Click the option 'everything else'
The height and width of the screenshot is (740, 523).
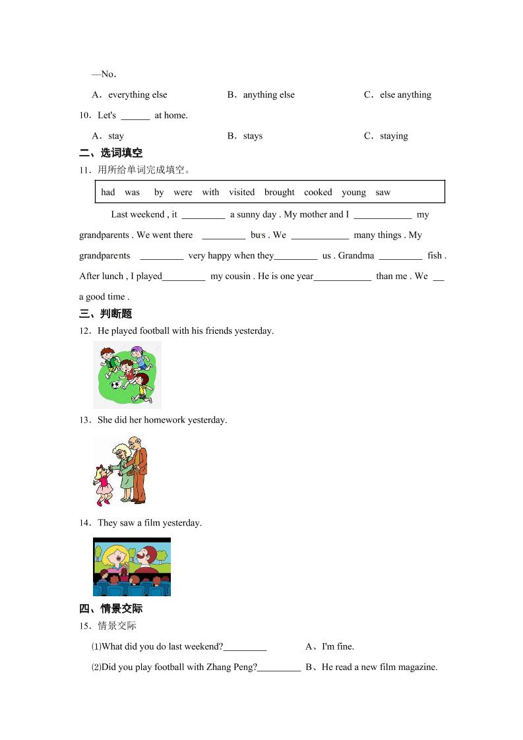137,95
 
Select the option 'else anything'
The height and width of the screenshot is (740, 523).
405,95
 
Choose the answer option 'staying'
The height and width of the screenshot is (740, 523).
394,136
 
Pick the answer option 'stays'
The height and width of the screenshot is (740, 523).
253,136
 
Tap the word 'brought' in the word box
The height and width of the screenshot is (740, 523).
279,193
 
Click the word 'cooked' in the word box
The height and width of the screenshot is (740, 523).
318,193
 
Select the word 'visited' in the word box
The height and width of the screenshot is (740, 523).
241,193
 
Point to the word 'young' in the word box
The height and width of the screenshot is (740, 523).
354,193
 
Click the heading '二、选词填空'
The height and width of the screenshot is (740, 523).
111,154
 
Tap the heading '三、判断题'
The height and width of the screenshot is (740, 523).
106,314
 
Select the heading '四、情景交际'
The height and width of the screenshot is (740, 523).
111,609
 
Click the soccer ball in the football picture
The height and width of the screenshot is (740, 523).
116,385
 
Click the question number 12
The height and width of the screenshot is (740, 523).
84,331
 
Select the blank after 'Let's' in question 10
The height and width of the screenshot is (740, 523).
135,116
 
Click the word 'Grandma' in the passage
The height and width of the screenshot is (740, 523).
356,256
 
